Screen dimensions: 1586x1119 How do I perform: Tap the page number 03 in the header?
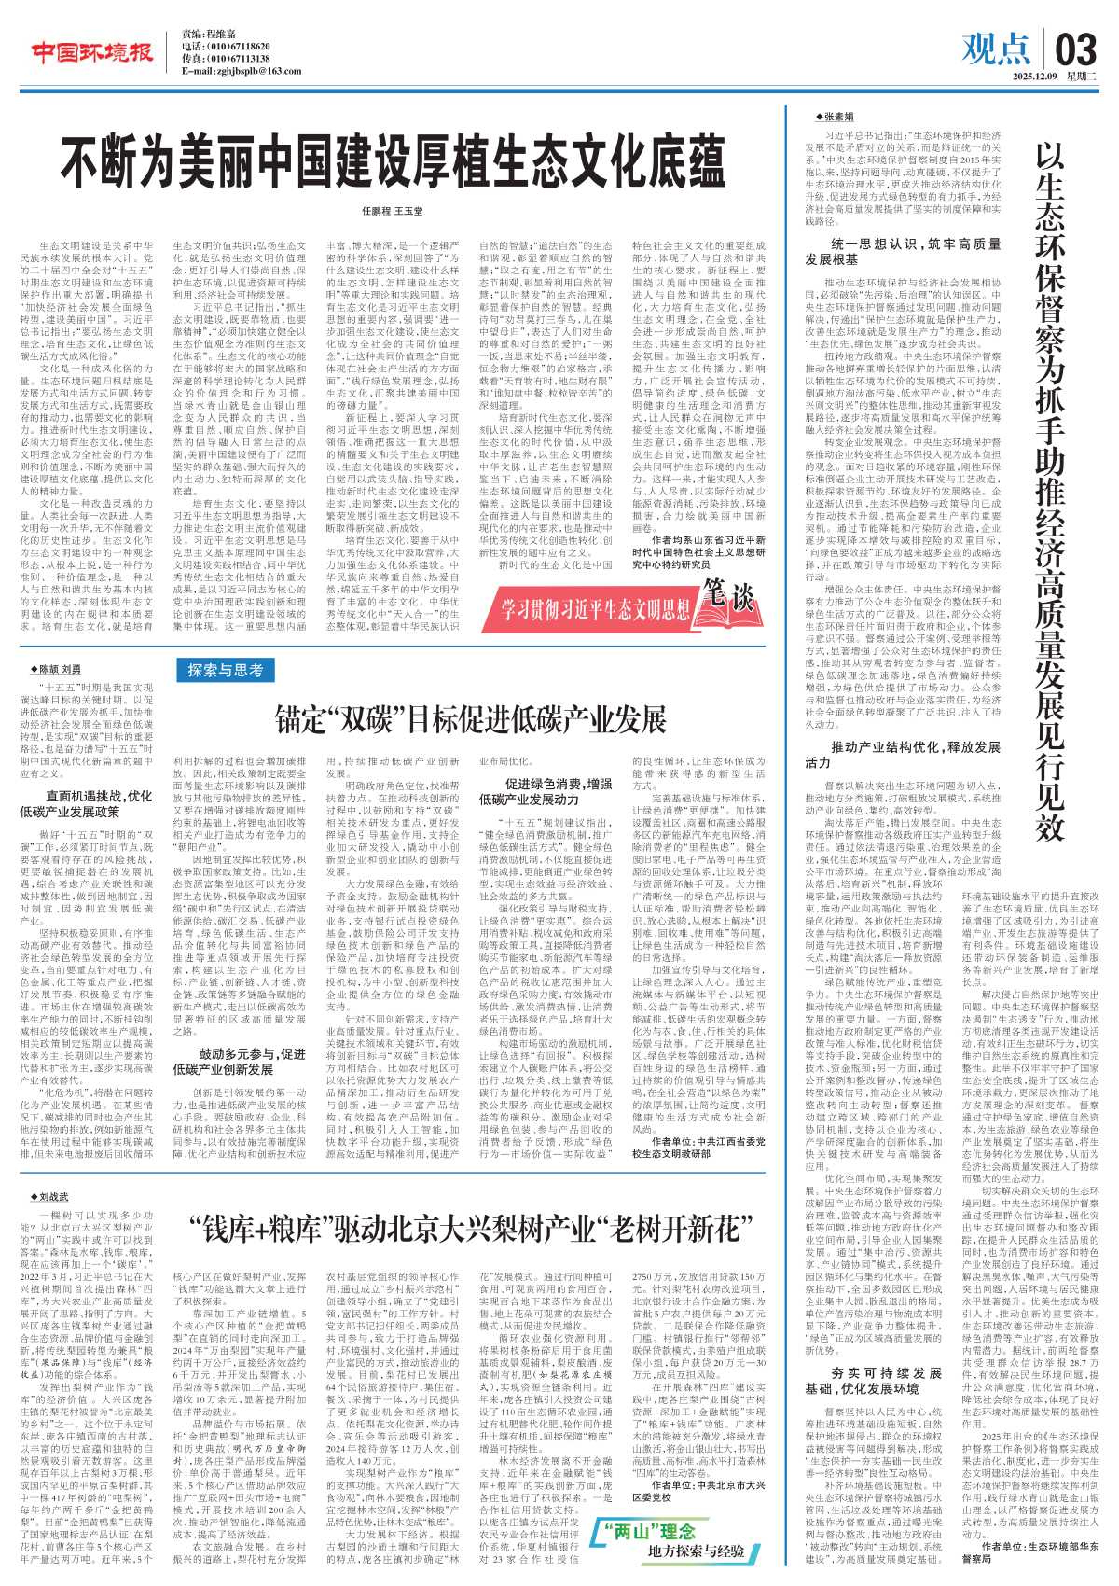pyautogui.click(x=1079, y=47)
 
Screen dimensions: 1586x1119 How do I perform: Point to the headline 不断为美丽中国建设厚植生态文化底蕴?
pyautogui.click(x=393, y=164)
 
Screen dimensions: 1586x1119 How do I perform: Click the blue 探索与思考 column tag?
pyautogui.click(x=225, y=670)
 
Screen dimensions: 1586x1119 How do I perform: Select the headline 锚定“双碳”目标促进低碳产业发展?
pyautogui.click(x=470, y=718)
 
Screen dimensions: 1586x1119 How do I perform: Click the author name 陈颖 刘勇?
pyautogui.click(x=59, y=669)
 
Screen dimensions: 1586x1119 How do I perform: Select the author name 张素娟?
pyautogui.click(x=836, y=117)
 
